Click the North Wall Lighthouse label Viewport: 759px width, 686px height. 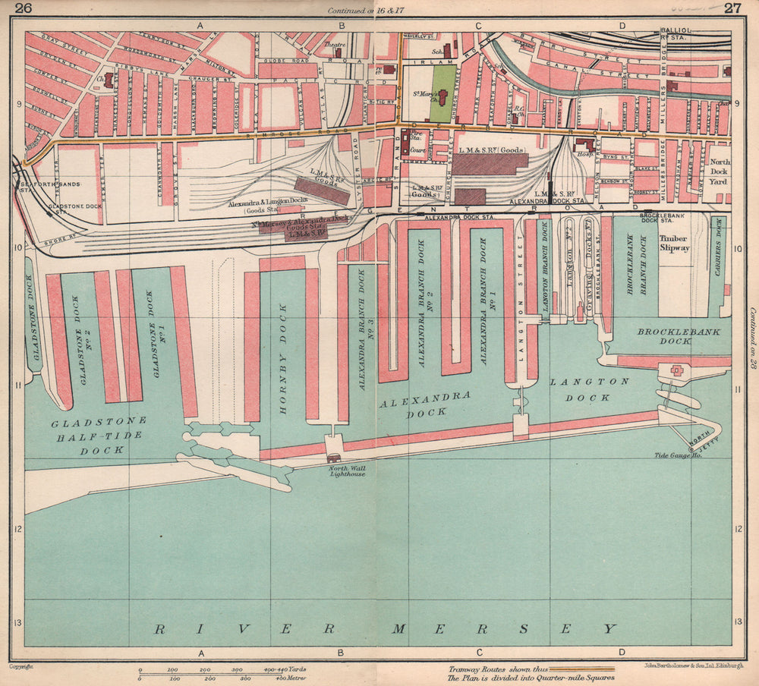tap(347, 471)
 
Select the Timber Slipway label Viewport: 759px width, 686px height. tap(674, 243)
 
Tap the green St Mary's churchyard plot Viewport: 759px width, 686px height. tap(443, 93)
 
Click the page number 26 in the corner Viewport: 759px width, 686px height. tap(23, 8)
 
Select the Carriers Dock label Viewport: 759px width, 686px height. tap(718, 265)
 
